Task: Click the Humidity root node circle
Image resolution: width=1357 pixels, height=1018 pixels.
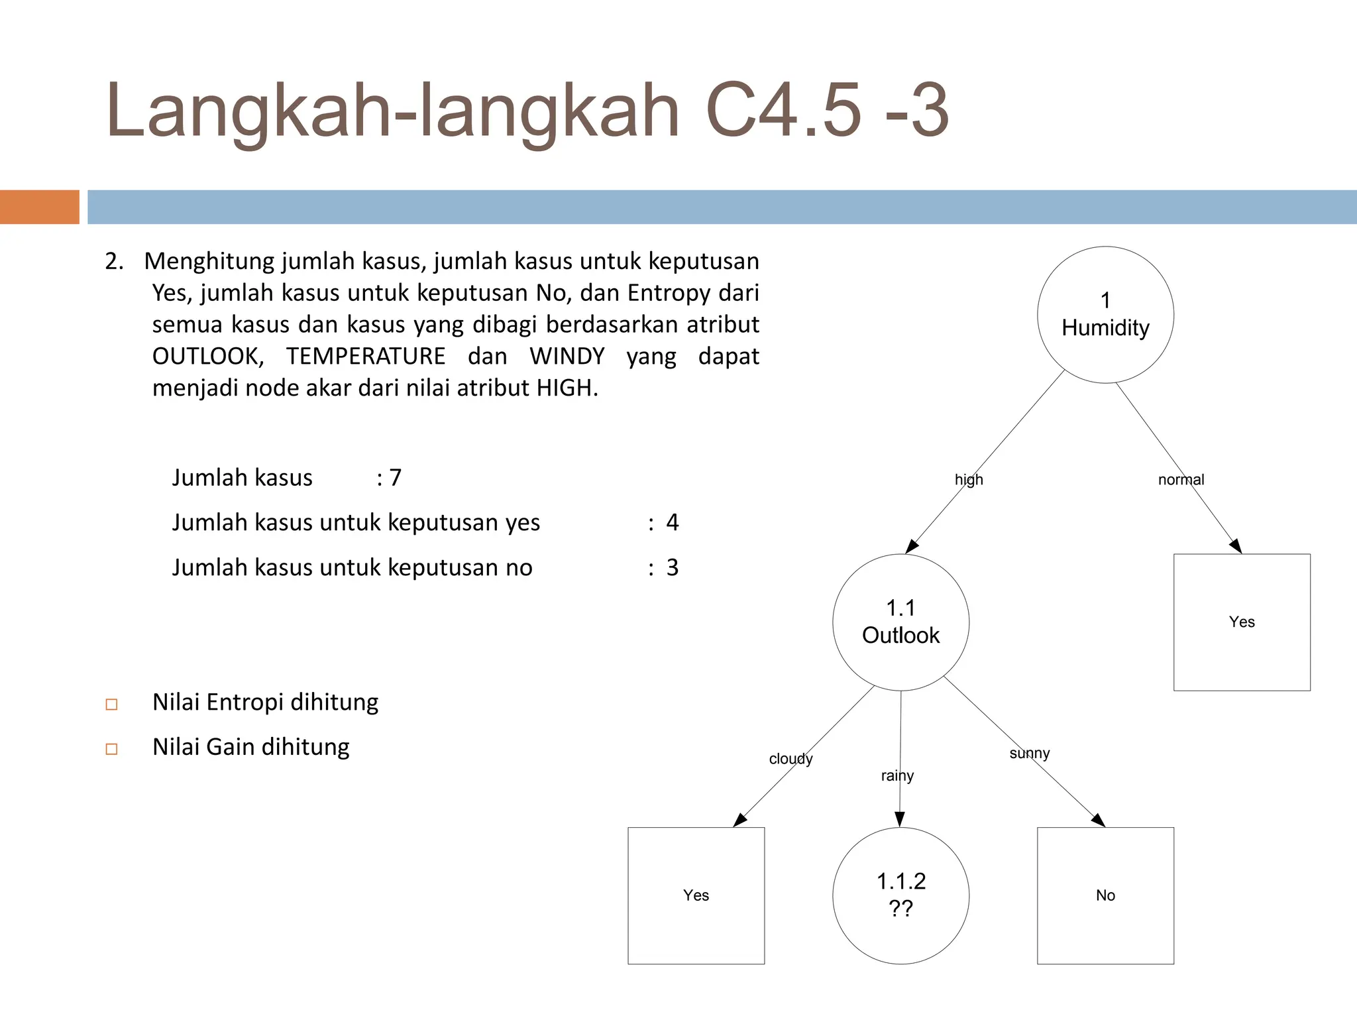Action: pyautogui.click(x=1105, y=315)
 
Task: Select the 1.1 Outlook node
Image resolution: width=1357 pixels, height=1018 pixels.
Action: pyautogui.click(x=900, y=622)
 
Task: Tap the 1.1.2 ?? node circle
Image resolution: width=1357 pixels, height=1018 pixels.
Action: pyautogui.click(x=900, y=895)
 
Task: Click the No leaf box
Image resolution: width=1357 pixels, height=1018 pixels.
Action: pyautogui.click(x=1105, y=895)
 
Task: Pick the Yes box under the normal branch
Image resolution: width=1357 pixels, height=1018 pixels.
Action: pyautogui.click(x=1242, y=622)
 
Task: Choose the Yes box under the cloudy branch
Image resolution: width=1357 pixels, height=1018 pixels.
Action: pyautogui.click(x=696, y=895)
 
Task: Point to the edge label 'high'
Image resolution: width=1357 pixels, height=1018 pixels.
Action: pyautogui.click(x=969, y=480)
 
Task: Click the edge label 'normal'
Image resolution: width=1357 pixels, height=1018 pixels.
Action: pyautogui.click(x=1181, y=480)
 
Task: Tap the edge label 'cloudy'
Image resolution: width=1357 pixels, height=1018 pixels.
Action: pyautogui.click(x=790, y=759)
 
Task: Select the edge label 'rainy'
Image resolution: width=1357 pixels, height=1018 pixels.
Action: pyautogui.click(x=897, y=776)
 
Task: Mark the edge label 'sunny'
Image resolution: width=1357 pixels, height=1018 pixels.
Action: pyautogui.click(x=1029, y=754)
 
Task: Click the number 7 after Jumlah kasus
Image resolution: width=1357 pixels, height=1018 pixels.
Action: pyautogui.click(x=396, y=478)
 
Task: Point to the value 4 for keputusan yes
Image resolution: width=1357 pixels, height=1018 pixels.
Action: pyautogui.click(x=673, y=523)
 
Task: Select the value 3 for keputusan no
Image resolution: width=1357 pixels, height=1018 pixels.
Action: pyautogui.click(x=673, y=568)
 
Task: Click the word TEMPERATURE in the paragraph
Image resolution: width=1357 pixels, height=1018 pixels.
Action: pyautogui.click(x=366, y=357)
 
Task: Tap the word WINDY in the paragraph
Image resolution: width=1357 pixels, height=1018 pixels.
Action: pyautogui.click(x=567, y=357)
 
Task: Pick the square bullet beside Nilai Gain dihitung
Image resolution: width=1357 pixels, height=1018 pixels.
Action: pyautogui.click(x=112, y=749)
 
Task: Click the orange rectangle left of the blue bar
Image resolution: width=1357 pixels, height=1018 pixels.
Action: pyautogui.click(x=40, y=207)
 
